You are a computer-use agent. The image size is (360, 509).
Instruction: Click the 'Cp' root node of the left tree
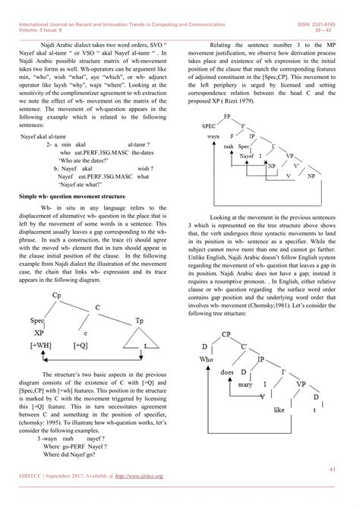click(x=58, y=293)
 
